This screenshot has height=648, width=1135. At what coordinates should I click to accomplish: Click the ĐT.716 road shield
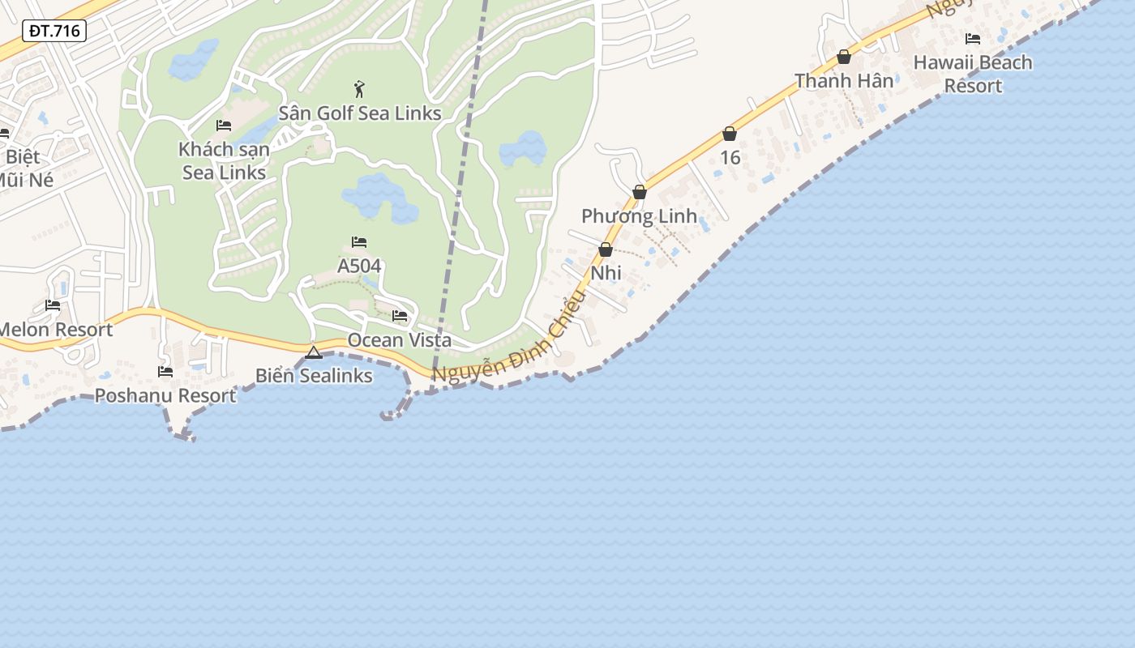54,32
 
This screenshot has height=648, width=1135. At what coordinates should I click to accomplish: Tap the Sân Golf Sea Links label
360,113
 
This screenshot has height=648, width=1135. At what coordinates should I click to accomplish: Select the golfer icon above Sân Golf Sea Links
359,88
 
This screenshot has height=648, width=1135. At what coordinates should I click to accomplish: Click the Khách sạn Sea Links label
224,160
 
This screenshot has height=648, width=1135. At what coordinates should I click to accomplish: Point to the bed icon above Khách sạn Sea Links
224,126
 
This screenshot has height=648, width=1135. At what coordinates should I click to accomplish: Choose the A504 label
359,266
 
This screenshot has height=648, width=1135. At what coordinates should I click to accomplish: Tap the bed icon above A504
359,242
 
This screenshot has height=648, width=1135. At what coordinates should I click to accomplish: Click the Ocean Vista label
399,340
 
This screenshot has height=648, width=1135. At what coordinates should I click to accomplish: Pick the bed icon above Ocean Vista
400,316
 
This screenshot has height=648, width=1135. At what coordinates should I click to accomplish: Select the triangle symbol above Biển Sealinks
314,352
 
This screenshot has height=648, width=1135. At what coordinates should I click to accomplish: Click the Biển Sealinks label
314,376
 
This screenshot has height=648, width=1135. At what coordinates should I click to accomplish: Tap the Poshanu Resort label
165,395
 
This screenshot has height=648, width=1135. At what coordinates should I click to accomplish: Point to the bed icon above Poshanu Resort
165,372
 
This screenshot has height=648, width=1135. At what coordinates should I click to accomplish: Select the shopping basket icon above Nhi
606,249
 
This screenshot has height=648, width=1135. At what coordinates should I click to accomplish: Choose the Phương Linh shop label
639,216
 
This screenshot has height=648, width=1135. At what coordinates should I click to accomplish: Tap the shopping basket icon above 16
730,134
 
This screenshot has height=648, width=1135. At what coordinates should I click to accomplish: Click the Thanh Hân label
844,81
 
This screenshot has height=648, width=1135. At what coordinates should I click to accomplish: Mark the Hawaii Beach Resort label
973,74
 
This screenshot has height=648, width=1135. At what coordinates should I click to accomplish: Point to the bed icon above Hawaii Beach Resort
973,38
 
